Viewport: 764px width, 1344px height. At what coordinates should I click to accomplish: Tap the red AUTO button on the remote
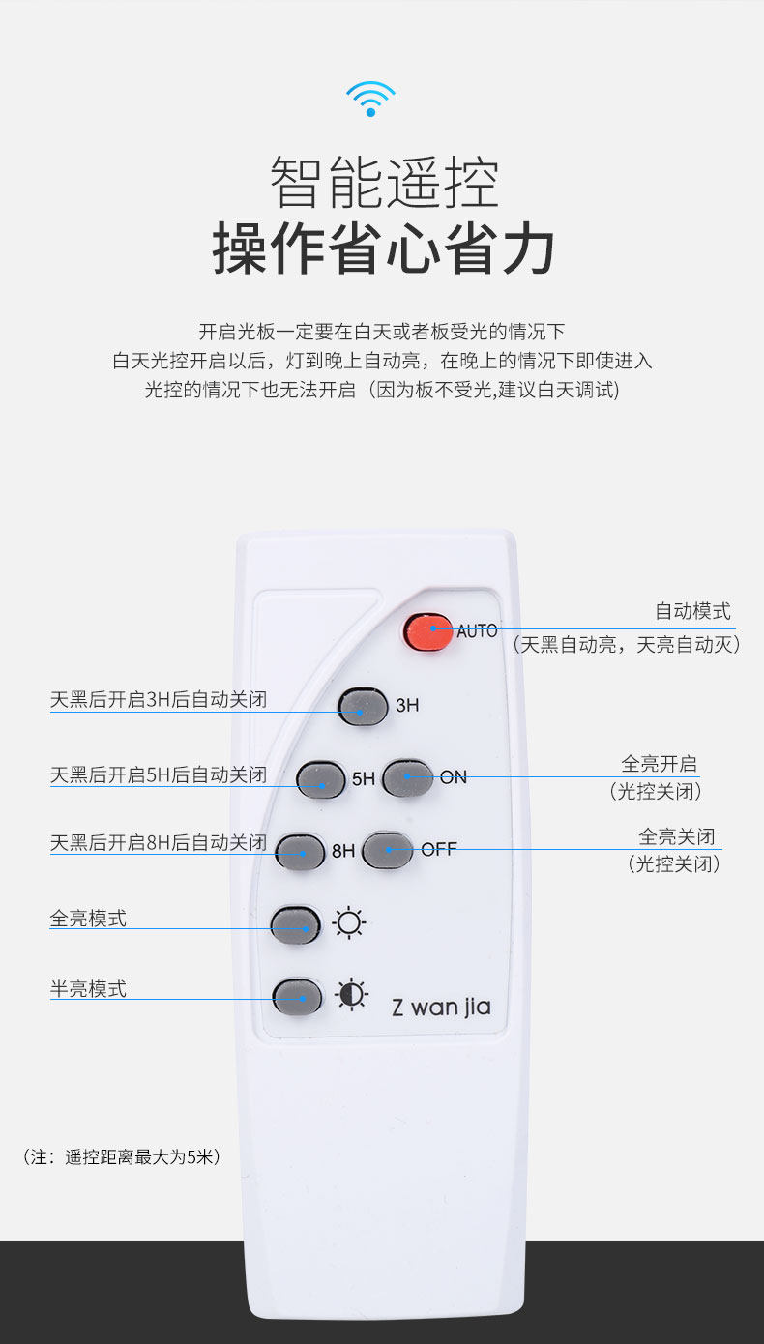pos(427,631)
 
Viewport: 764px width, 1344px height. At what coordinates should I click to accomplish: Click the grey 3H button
pos(363,707)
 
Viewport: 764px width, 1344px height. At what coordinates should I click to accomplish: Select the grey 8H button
pos(300,852)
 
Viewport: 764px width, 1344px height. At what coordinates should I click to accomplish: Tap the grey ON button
pos(407,778)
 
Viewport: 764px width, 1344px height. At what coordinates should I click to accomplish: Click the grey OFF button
pos(388,850)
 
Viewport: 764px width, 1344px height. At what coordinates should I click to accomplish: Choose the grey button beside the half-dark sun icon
pos(297,997)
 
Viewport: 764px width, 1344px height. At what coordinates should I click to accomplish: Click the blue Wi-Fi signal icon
pos(370,99)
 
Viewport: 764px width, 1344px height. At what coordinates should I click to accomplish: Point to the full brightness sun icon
pos(349,922)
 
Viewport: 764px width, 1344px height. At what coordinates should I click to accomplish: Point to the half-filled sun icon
pos(352,994)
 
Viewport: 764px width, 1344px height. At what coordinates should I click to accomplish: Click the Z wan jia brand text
pos(441,1008)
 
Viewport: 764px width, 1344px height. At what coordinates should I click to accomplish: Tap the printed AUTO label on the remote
pos(477,631)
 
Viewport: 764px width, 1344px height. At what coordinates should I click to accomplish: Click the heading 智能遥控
pos(384,182)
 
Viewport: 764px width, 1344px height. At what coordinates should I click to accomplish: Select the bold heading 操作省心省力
pos(383,248)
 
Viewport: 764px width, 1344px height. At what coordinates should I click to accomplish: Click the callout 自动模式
pos(692,611)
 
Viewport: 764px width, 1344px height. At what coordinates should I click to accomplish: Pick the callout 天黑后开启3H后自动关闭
pos(159,700)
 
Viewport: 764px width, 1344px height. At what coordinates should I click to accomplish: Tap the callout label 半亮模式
pos(88,989)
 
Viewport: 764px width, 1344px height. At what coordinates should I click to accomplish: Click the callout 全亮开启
pos(659,764)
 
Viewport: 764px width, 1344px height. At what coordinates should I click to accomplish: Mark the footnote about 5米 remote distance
pos(122,1156)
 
